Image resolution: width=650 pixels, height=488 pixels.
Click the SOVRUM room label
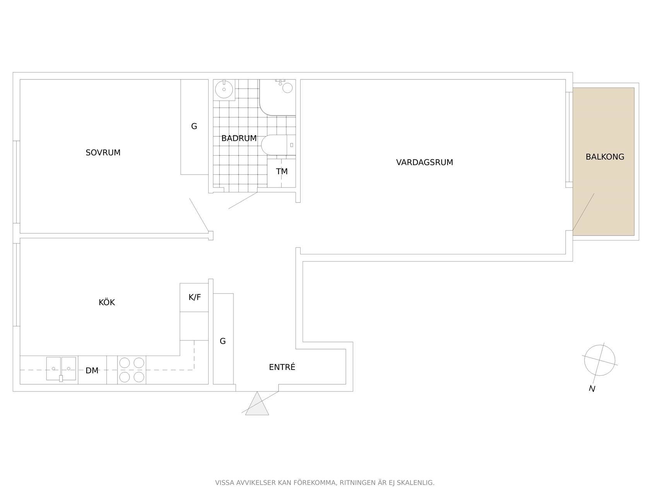pos(103,153)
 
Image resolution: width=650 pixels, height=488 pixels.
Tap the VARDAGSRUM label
pos(424,162)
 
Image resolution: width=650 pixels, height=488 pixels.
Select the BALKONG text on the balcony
pos(605,157)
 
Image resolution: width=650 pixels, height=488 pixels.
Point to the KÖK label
pos(107,302)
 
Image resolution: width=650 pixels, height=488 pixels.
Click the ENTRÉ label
pos(282,367)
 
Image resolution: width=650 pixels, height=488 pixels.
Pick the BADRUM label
pos(239,138)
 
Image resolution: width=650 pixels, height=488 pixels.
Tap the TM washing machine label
pos(282,172)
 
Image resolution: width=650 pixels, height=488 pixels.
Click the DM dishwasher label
pos(92,371)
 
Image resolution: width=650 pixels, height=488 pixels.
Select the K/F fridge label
pos(195,297)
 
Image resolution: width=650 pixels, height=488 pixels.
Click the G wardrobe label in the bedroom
pos(194,127)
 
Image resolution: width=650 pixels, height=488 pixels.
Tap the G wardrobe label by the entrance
pos(223,341)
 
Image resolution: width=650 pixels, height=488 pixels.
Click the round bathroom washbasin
pos(224,89)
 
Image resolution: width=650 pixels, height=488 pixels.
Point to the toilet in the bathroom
pos(278,145)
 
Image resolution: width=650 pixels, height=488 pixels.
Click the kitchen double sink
pos(61,369)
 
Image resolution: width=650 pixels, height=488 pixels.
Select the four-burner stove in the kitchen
pos(132,370)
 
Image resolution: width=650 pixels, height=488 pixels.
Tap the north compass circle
pos(600,360)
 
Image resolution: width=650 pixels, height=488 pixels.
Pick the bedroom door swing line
pos(199,215)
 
